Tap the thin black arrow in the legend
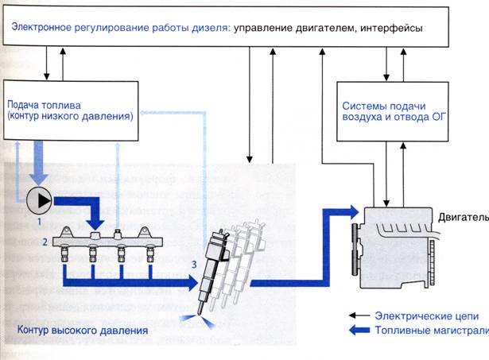[x=368, y=315]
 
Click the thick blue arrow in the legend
[x=368, y=334]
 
